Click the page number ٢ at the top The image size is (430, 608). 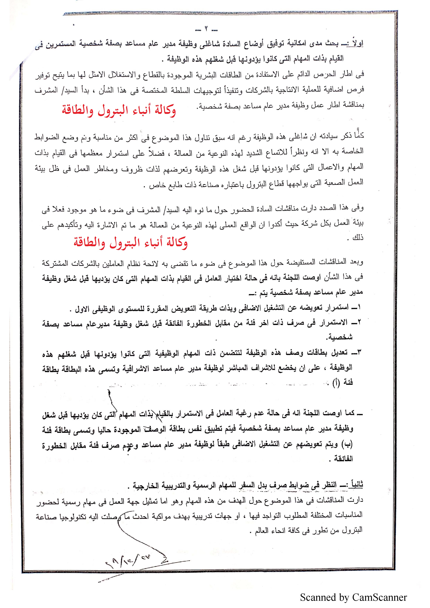tap(206, 29)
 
